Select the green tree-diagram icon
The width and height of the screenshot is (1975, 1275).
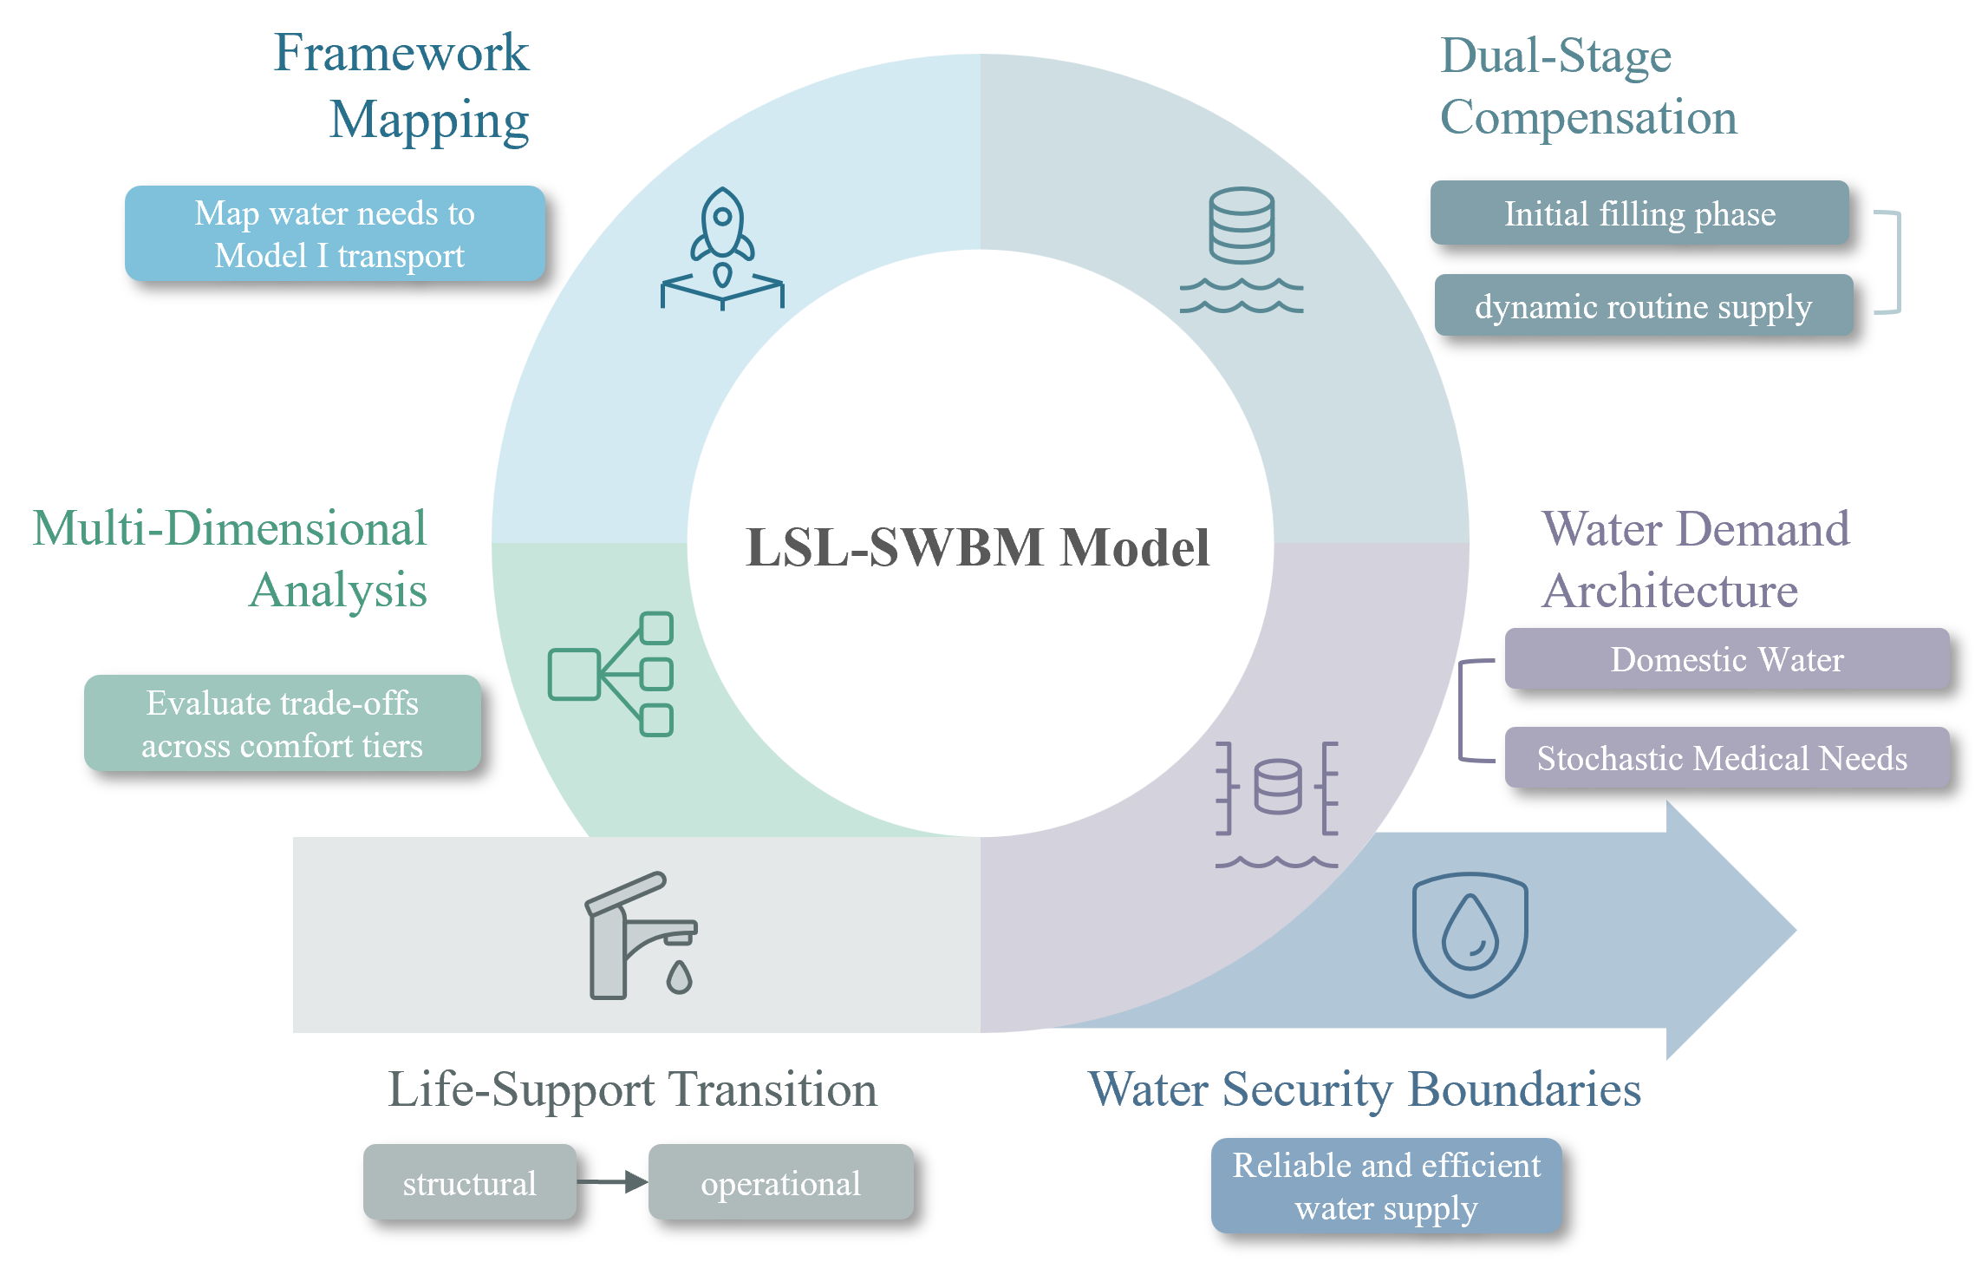611,674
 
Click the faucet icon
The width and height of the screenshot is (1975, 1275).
641,936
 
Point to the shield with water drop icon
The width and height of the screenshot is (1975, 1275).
1470,934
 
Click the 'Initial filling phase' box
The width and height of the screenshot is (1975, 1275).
1639,213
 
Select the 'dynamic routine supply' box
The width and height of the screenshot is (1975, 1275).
1644,306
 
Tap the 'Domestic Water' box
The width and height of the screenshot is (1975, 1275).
1727,659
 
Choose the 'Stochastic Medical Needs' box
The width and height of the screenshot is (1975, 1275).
1727,758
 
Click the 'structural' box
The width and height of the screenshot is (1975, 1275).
470,1182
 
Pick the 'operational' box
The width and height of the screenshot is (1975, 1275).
780,1182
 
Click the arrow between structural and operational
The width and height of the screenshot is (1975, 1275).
612,1181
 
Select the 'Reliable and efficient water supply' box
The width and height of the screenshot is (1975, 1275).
1386,1186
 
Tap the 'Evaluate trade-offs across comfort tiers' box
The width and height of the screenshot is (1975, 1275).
283,723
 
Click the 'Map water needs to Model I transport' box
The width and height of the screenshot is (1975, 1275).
335,233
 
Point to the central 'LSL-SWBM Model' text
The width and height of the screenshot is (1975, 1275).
979,547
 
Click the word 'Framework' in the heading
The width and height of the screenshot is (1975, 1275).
401,53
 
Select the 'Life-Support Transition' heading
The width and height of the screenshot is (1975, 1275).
632,1089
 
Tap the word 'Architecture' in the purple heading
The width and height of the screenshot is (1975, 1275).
1671,592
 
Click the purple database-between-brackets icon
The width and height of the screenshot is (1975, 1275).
1277,802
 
